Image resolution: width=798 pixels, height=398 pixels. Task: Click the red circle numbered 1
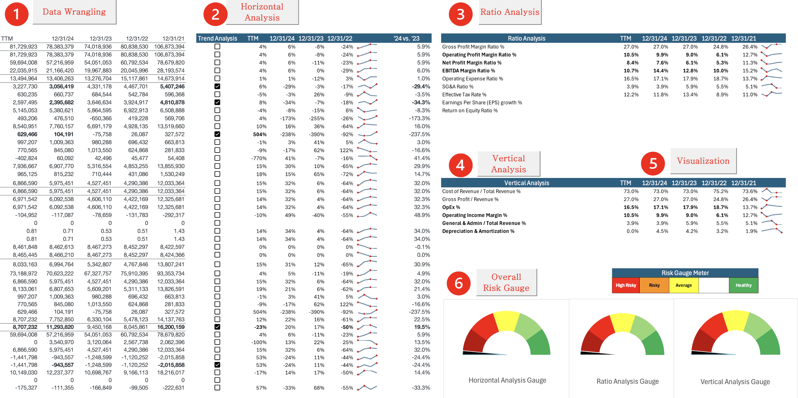point(17,14)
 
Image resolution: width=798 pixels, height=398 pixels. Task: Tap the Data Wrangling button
point(74,12)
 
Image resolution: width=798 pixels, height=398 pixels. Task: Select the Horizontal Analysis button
point(262,12)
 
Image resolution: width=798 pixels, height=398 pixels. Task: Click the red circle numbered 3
point(460,14)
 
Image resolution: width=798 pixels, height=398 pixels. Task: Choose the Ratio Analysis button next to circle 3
point(510,12)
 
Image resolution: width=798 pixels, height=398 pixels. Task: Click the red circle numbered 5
point(653,163)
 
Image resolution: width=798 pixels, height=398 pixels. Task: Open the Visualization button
point(703,161)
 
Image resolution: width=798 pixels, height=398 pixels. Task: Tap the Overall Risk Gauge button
point(506,282)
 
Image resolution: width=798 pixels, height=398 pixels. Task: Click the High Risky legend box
point(626,285)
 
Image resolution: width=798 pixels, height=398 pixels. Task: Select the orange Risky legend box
point(654,285)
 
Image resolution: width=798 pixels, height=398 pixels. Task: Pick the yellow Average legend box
point(683,285)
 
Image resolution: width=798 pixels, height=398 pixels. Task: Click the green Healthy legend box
point(743,285)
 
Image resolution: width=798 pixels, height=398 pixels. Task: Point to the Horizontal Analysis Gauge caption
point(507,380)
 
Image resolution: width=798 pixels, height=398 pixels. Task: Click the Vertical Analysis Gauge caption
point(735,382)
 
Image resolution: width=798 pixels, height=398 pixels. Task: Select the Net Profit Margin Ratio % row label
point(472,63)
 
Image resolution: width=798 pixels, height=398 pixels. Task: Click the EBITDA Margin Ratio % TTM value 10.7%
point(631,71)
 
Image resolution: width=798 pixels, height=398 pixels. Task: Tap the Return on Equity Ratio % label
point(470,111)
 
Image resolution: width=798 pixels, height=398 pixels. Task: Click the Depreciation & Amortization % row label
point(478,231)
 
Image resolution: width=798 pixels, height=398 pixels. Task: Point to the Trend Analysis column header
point(217,39)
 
